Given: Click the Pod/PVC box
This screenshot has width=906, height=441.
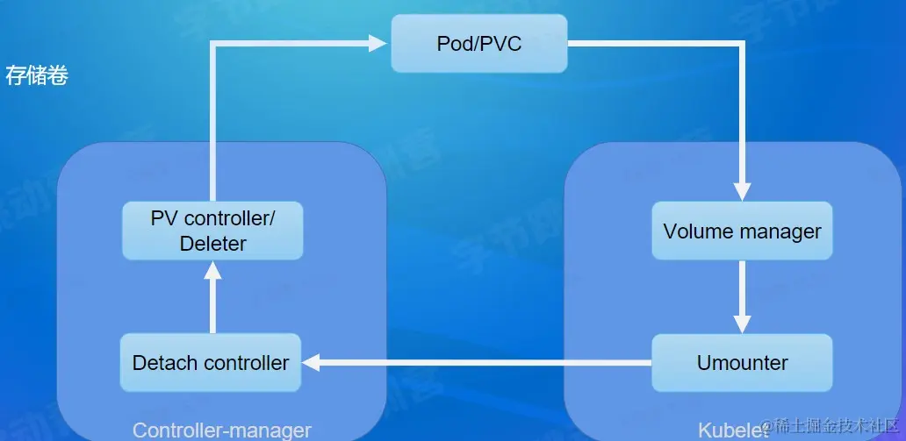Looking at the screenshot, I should (x=478, y=43).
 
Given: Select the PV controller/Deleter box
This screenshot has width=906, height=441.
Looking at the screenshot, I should (x=212, y=231).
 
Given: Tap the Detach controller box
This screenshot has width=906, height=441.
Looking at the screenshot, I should (x=211, y=362).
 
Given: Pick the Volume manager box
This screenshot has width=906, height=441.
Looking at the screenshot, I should (x=742, y=231).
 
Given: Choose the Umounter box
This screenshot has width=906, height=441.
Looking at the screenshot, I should (x=742, y=362).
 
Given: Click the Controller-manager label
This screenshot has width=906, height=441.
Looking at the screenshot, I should (x=221, y=430).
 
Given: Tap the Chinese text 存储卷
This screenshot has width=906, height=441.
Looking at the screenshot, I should (x=37, y=75).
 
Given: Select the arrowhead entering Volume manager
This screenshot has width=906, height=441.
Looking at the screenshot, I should (x=742, y=192).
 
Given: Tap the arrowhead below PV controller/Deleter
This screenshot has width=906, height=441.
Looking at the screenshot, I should (x=212, y=270).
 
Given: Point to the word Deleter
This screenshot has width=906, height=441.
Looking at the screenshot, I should (x=212, y=244).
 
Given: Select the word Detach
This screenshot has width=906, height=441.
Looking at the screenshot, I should (x=162, y=362).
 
